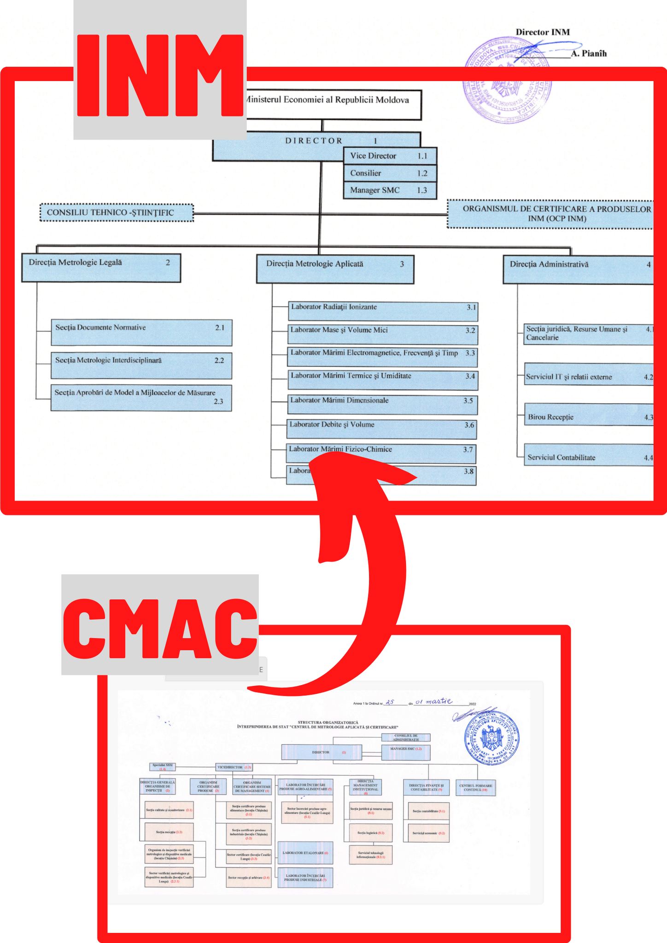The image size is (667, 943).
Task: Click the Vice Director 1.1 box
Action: pyautogui.click(x=390, y=156)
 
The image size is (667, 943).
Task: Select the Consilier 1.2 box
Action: pyautogui.click(x=390, y=173)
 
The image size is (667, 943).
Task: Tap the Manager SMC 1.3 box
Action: pyautogui.click(x=390, y=190)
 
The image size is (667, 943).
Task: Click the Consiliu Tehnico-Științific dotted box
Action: pyautogui.click(x=117, y=213)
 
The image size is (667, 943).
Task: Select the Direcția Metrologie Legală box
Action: pyautogui.click(x=101, y=268)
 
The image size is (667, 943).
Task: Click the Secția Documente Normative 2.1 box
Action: pyautogui.click(x=141, y=332)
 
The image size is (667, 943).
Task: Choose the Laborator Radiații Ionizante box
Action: pyautogui.click(x=383, y=311)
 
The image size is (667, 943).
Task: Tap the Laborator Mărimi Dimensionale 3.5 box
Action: pyautogui.click(x=382, y=405)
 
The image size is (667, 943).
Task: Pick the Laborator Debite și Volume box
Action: pyautogui.click(x=381, y=429)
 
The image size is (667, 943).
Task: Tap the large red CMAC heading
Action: pyautogui.click(x=160, y=629)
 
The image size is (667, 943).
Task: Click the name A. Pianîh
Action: pyautogui.click(x=589, y=53)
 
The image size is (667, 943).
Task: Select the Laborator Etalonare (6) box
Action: pyautogui.click(x=305, y=853)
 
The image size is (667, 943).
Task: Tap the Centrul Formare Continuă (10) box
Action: pyautogui.click(x=475, y=787)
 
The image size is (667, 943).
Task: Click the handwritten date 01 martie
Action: pyautogui.click(x=433, y=702)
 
